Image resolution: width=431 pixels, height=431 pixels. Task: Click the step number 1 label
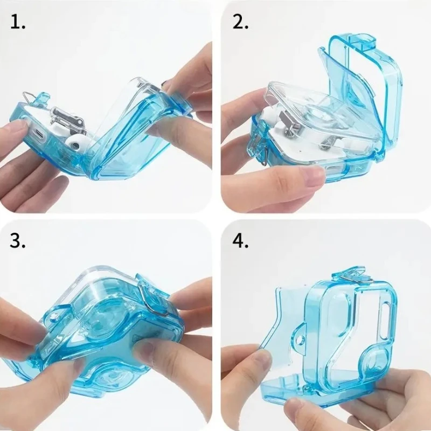(x=17, y=23)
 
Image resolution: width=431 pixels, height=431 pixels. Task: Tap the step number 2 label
(x=241, y=23)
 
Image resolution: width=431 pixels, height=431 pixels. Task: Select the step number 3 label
(x=18, y=241)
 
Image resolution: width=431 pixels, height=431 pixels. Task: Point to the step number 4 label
(x=241, y=241)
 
